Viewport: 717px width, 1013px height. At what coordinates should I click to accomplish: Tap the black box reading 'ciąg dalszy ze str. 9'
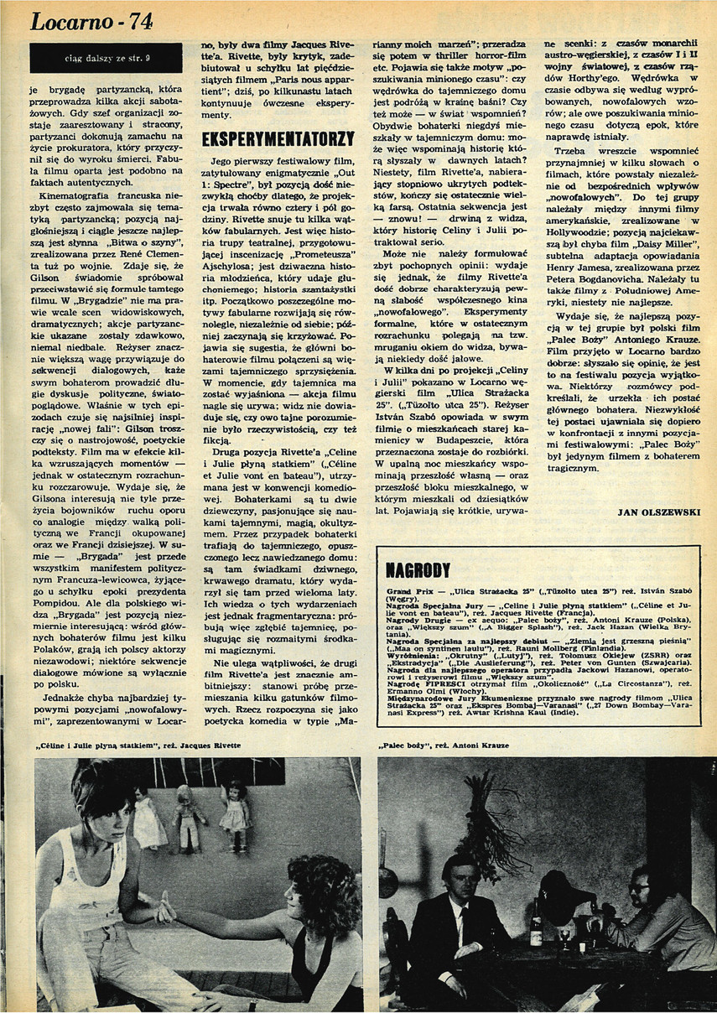tap(105, 58)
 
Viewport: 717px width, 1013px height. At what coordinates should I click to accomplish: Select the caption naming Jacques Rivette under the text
tap(138, 746)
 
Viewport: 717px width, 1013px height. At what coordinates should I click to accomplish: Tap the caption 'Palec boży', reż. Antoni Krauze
tap(442, 746)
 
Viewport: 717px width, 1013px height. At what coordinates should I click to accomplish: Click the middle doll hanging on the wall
tap(190, 818)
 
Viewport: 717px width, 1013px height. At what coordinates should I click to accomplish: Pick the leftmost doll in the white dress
tap(149, 817)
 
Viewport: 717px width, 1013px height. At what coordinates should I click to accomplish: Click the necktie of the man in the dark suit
tap(462, 922)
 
